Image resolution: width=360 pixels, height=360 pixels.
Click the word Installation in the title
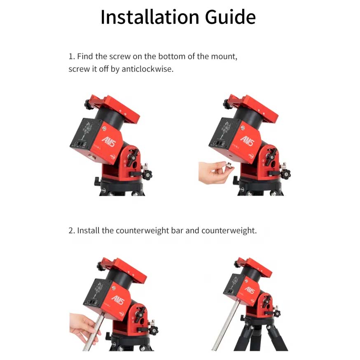click(x=150, y=17)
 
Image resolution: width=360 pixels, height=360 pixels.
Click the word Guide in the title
click(x=230, y=17)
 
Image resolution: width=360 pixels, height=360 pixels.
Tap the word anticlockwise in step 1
click(x=147, y=69)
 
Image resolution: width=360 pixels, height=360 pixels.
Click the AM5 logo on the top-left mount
click(x=109, y=142)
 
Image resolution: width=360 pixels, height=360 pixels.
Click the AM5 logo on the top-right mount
click(x=247, y=141)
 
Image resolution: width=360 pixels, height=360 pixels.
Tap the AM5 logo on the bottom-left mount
click(x=118, y=300)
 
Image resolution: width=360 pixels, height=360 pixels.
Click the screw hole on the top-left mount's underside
click(x=92, y=157)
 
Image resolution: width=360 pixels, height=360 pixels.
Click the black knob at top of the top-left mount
click(x=89, y=105)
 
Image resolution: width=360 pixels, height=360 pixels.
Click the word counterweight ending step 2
click(x=229, y=230)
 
